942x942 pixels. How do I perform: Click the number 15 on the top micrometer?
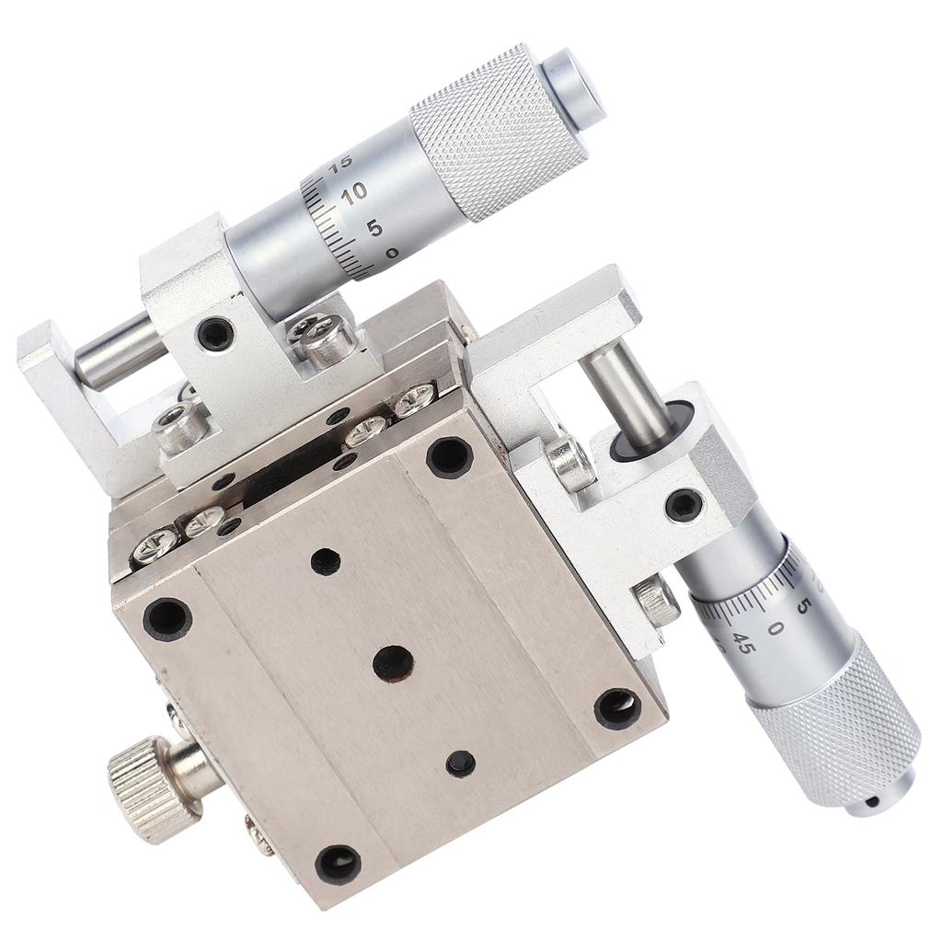coord(341,163)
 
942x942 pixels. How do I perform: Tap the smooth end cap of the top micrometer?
coord(573,88)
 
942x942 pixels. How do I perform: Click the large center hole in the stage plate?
coord(393,663)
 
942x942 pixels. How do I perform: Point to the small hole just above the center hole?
coord(325,560)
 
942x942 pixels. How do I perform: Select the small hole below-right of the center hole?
coord(460,764)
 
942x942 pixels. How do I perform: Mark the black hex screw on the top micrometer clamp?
coord(215,333)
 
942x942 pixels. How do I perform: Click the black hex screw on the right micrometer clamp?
coord(684,504)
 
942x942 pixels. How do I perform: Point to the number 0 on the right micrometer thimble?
coord(775,628)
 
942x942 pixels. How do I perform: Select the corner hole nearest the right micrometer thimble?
coord(617,707)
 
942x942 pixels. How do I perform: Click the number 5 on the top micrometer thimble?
coord(374,226)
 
